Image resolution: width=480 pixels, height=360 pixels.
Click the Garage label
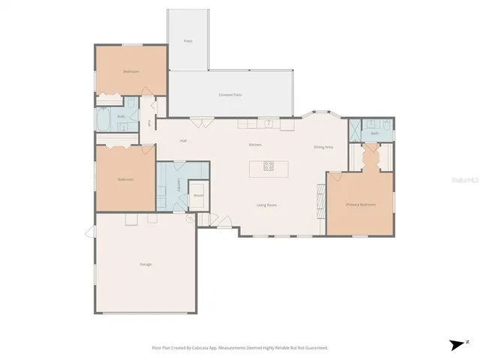click(x=145, y=265)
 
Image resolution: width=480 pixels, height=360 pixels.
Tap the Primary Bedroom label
click(x=360, y=204)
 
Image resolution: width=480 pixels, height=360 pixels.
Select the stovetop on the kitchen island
click(x=268, y=166)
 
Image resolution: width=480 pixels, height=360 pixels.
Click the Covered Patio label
click(x=230, y=95)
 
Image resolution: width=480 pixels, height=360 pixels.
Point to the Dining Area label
click(x=323, y=146)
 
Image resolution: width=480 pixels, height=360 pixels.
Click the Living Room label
click(x=267, y=204)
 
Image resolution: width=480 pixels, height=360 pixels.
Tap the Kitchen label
click(x=255, y=144)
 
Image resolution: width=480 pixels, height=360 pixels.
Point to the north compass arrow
click(x=457, y=344)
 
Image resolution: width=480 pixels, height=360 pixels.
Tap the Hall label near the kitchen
click(x=183, y=140)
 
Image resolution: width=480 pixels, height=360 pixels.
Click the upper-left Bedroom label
click(x=131, y=72)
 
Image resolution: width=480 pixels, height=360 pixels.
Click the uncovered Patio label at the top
click(x=189, y=40)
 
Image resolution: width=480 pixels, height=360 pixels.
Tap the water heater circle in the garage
click(x=190, y=218)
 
